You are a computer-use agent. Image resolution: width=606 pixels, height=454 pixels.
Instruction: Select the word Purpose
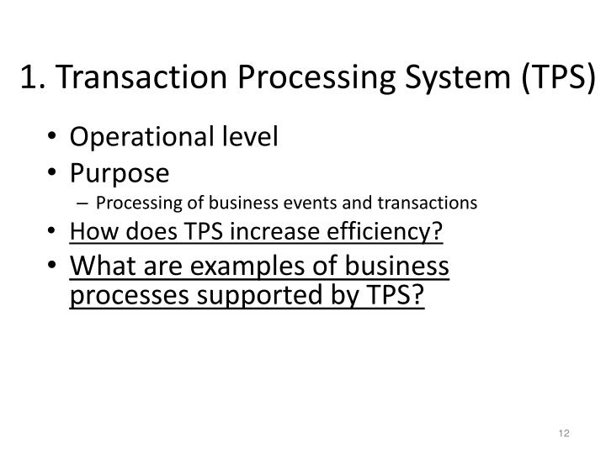[x=119, y=173]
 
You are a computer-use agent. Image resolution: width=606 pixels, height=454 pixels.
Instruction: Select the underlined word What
[x=99, y=267]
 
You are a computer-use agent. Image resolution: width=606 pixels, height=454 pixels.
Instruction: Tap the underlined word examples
[x=235, y=267]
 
